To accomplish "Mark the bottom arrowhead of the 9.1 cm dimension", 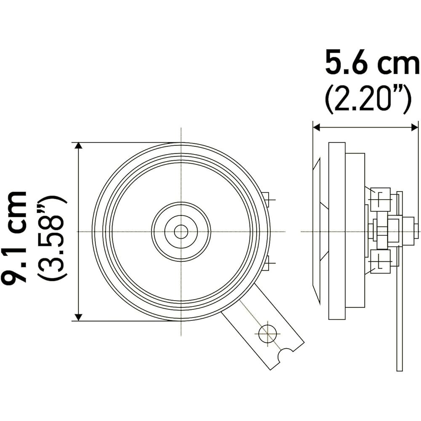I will (78, 317).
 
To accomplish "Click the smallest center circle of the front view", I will (181, 232).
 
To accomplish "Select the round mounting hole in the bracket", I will (268, 334).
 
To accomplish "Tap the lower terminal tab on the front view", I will (266, 264).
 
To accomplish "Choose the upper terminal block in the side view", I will (381, 199).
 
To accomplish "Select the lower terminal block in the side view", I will (381, 261).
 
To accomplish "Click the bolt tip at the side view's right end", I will (416, 232).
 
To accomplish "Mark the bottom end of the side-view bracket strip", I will (400, 368).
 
